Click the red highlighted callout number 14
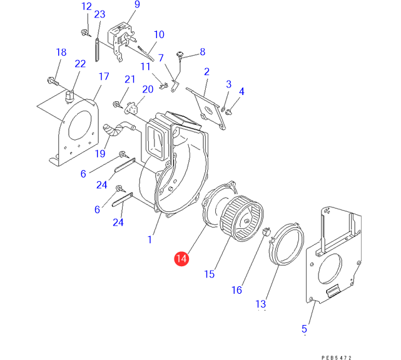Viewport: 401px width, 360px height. [x=181, y=259]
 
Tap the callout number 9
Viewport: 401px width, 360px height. [x=137, y=4]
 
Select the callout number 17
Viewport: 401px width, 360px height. [x=104, y=76]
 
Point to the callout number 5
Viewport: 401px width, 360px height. [x=304, y=329]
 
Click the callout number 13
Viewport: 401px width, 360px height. [x=261, y=304]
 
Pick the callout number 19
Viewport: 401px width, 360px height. [x=100, y=154]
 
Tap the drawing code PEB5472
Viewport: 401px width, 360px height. [x=337, y=357]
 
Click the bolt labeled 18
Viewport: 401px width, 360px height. [x=53, y=81]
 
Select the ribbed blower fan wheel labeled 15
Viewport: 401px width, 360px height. [x=241, y=219]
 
